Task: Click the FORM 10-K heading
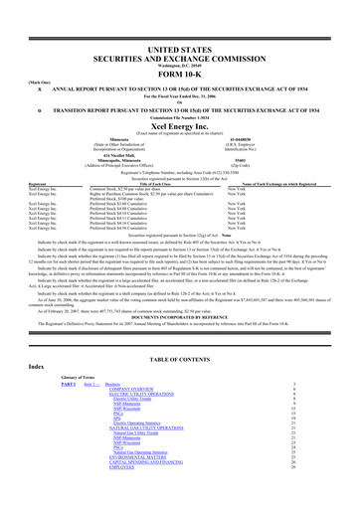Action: (180, 47)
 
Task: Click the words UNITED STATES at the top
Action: (180, 19)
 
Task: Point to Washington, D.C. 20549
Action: (180, 38)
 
